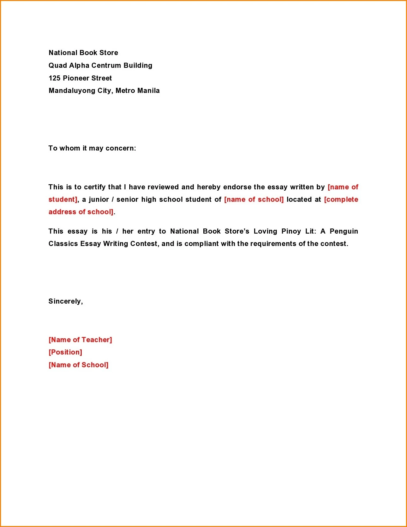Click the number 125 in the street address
point(54,78)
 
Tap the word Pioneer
point(76,78)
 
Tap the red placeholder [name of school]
point(254,200)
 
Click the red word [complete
point(341,200)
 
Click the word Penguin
point(344,231)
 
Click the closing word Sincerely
point(65,301)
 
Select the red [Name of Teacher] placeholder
point(80,340)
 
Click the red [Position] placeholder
point(65,352)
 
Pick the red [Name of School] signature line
point(78,365)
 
